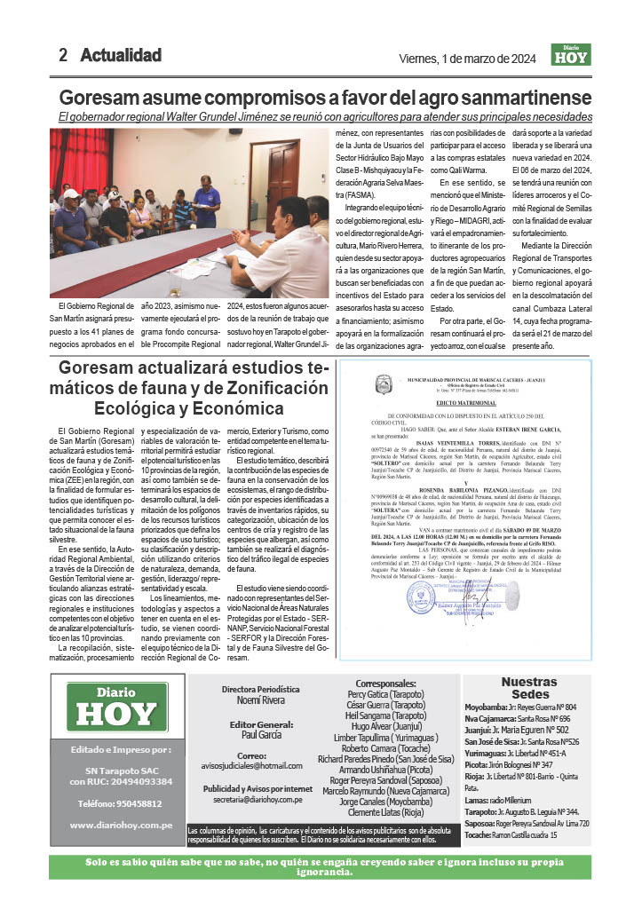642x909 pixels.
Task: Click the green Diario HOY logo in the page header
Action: click(x=570, y=55)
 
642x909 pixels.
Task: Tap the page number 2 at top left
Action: click(x=63, y=55)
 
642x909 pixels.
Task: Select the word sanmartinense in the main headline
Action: click(x=519, y=97)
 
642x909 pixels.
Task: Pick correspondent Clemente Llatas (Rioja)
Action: click(x=385, y=811)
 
